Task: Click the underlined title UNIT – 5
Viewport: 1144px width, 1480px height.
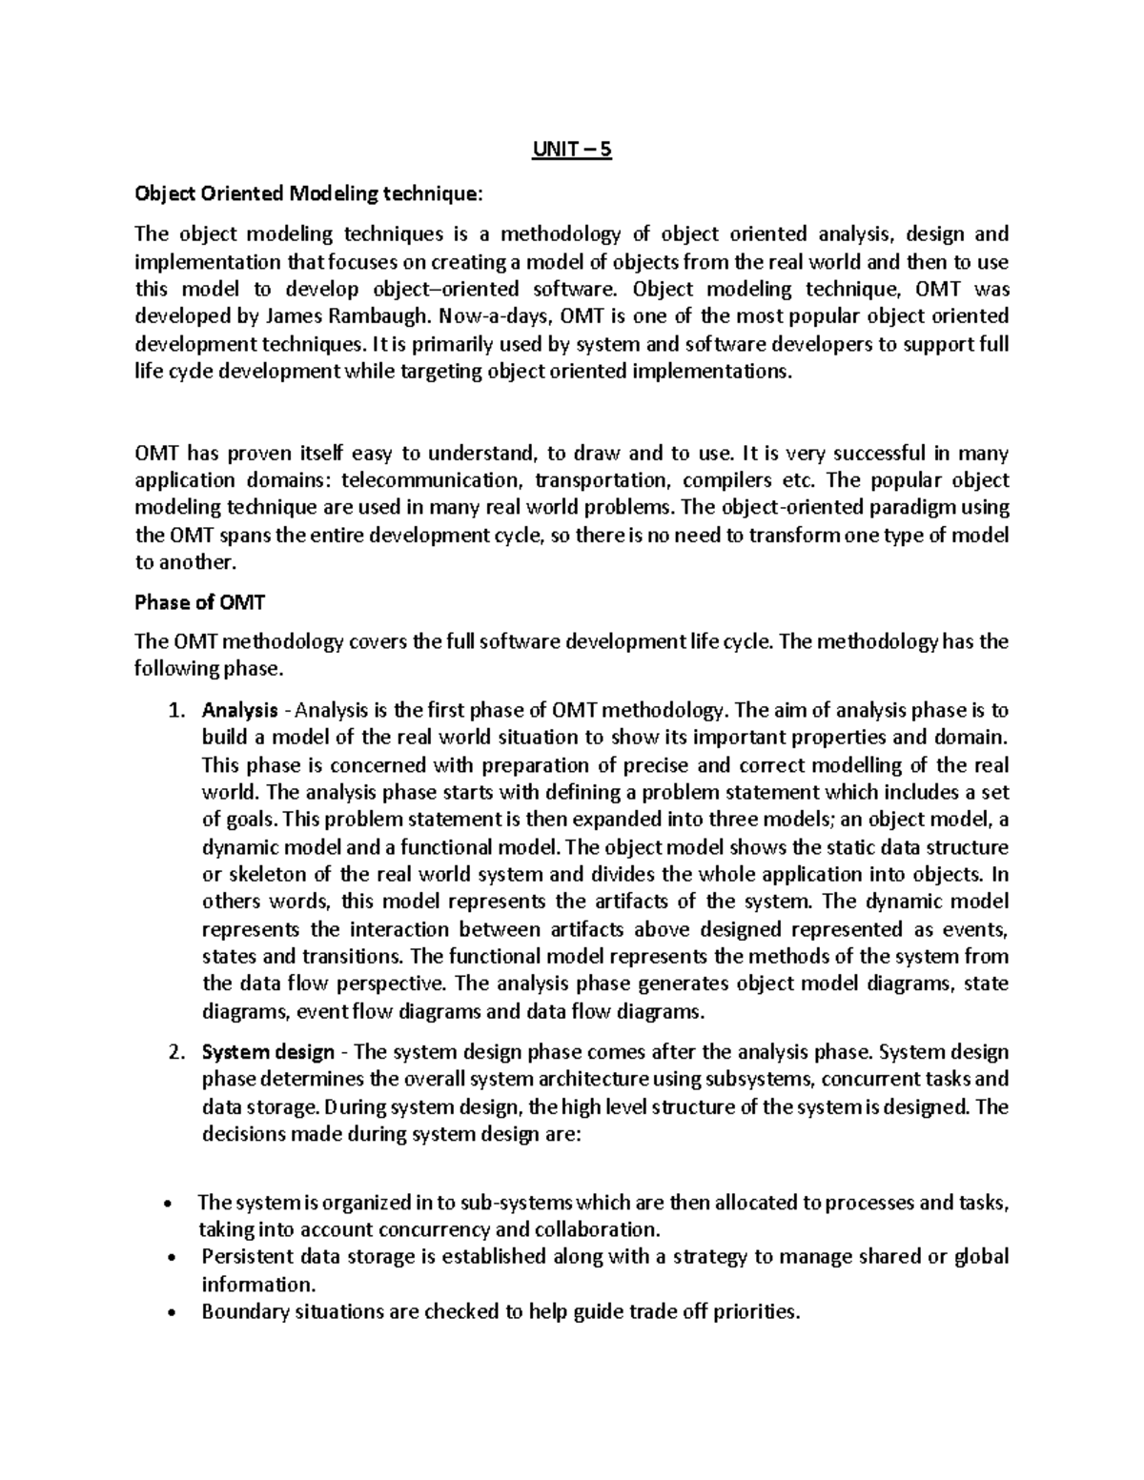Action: [571, 151]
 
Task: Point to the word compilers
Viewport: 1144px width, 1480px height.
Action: [739, 480]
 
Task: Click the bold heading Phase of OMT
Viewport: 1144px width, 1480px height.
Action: [199, 602]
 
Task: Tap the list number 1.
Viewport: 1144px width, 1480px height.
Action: [173, 711]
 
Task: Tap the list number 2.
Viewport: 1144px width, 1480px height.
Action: [173, 1053]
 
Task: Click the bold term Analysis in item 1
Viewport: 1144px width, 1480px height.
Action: [239, 711]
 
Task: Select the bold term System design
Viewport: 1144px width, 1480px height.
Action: [268, 1053]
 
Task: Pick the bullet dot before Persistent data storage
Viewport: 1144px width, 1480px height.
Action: [170, 1258]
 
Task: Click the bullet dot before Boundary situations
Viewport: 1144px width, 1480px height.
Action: [170, 1313]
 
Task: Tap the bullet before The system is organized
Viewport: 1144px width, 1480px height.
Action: [170, 1204]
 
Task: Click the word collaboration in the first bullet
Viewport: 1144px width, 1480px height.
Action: [595, 1229]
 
